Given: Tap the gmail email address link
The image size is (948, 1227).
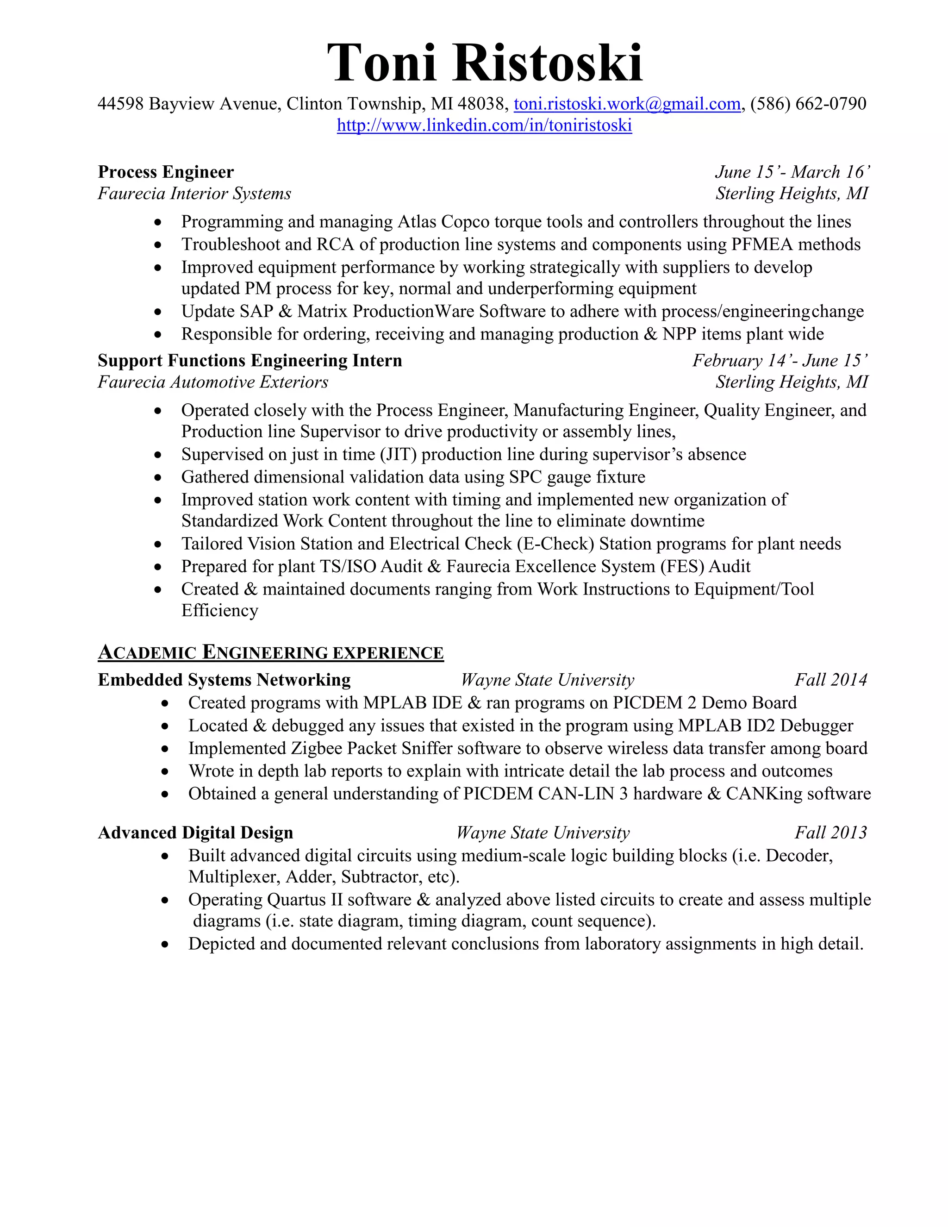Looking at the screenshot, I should [x=627, y=104].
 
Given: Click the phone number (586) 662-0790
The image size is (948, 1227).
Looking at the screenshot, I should [x=808, y=104].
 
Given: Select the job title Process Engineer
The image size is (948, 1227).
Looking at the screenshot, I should [x=166, y=172].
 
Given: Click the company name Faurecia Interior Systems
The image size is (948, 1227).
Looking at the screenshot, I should [x=194, y=194].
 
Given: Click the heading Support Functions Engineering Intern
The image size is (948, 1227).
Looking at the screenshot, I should [x=250, y=361].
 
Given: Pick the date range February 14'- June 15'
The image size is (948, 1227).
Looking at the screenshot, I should [x=780, y=361].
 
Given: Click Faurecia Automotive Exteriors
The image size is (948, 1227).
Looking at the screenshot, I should [x=213, y=382].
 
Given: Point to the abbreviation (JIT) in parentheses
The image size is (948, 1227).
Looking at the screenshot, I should [x=397, y=455].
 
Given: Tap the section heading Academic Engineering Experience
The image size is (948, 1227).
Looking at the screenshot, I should [x=271, y=653].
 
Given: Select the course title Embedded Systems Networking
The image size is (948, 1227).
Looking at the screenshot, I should [x=224, y=680].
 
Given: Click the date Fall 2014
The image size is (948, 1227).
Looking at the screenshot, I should [x=830, y=680].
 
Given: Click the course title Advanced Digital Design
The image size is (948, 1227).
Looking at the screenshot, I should [x=195, y=833].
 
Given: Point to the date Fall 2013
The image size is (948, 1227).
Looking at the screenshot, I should [x=830, y=833].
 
